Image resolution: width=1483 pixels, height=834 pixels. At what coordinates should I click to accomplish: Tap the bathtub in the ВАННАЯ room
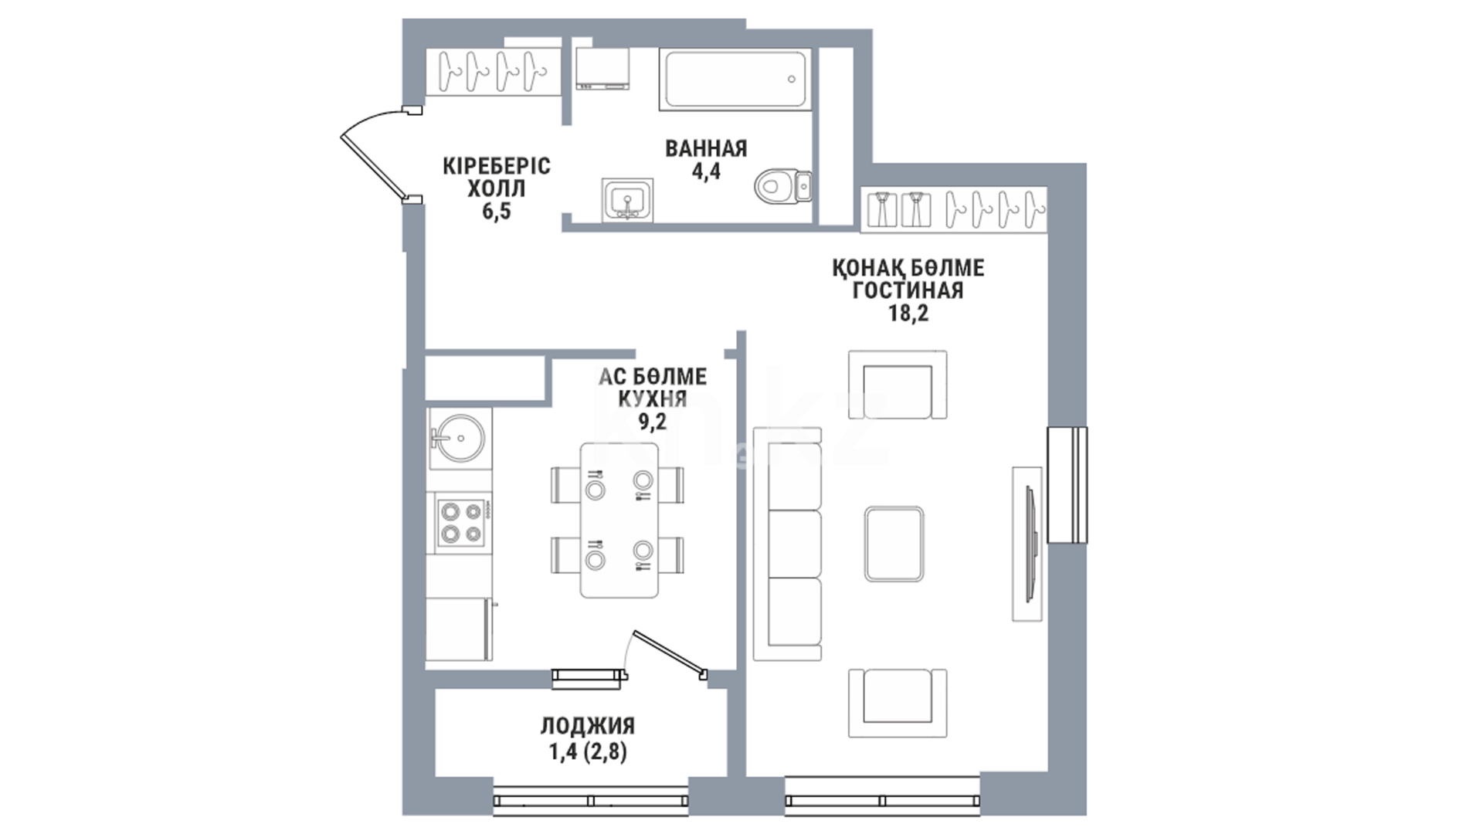point(735,80)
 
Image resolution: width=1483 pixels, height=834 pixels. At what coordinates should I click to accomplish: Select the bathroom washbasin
point(627,201)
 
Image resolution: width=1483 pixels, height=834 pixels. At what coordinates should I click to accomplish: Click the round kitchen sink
point(459,439)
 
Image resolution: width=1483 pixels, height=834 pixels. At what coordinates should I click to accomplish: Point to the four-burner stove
point(461,522)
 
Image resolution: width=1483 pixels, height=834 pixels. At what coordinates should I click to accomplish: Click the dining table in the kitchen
point(619,520)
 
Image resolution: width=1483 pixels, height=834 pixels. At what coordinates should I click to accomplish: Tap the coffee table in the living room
point(894,544)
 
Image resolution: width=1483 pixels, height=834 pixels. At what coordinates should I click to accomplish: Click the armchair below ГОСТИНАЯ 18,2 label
point(898,385)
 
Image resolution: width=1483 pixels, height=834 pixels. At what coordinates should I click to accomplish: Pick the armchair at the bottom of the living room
point(898,703)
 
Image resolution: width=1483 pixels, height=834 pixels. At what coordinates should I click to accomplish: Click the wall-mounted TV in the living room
point(1029,544)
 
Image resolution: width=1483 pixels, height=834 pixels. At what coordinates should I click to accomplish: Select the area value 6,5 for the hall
point(497,212)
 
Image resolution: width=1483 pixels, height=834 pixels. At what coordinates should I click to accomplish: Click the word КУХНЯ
point(653,398)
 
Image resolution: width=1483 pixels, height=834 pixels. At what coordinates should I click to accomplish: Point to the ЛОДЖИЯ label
point(588,725)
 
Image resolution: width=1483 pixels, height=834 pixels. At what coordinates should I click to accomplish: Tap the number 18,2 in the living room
point(908,313)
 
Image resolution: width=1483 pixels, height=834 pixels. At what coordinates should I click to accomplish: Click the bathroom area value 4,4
point(706,171)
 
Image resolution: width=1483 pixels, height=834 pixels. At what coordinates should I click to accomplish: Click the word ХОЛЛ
point(497,188)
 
